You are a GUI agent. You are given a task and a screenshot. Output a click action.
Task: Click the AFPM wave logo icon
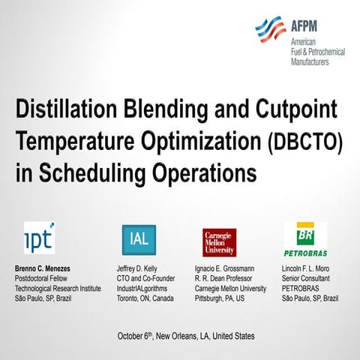click(x=270, y=29)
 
